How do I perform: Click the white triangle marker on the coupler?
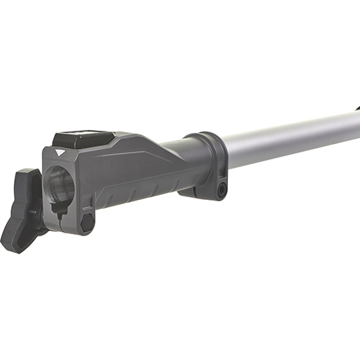[57, 150]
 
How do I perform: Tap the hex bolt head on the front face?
[87, 222]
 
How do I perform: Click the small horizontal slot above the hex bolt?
[86, 207]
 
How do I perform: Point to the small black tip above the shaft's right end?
[357, 110]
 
